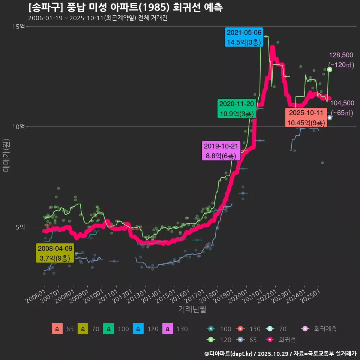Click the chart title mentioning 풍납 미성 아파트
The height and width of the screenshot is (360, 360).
pos(125,7)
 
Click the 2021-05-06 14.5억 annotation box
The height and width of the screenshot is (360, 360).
pos(244,37)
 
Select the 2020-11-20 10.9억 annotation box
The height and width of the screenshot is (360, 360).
pos(237,109)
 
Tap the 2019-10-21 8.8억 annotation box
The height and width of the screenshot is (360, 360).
pos(220,151)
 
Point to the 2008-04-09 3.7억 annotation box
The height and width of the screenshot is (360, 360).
pos(55,253)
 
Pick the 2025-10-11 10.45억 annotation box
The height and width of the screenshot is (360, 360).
pos(306,118)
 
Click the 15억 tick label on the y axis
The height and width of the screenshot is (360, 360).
pos(18,27)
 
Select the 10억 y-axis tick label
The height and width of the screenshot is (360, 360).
pos(18,127)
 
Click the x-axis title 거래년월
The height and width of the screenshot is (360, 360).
pos(192,309)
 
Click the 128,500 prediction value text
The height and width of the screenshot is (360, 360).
pos(341,55)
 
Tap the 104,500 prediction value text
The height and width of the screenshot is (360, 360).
pos(342,103)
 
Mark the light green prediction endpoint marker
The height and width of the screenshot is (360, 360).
pos(330,69)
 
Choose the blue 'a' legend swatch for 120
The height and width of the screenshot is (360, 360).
pos(138,329)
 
